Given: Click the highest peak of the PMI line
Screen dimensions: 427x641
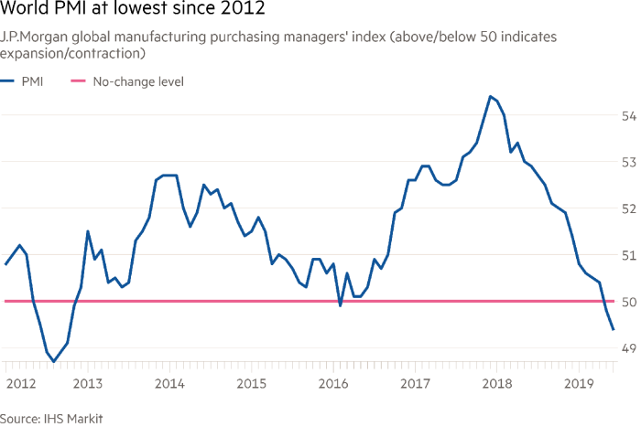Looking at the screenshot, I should point(491,95).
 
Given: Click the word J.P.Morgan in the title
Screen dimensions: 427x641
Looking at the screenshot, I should point(33,36).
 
